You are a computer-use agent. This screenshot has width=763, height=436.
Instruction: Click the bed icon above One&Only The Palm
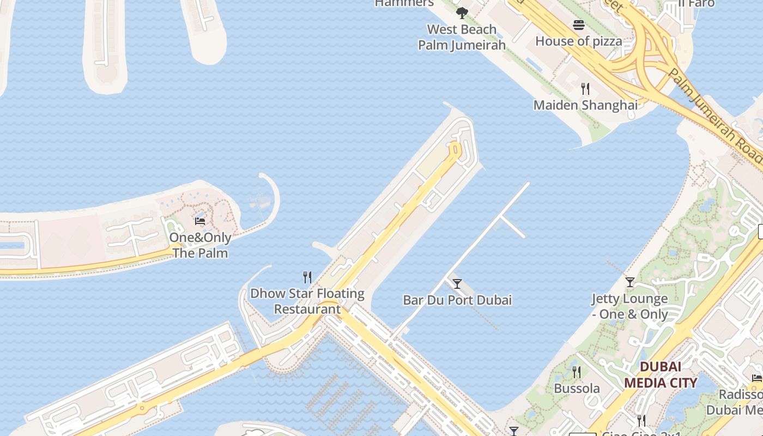[x=200, y=221]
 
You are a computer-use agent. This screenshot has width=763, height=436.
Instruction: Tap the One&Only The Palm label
[x=200, y=245]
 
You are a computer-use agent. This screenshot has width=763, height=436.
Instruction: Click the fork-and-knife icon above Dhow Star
[x=307, y=277]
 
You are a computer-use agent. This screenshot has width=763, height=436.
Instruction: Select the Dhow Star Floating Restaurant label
[x=307, y=301]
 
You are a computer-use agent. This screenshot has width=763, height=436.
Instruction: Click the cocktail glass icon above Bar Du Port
[x=457, y=284]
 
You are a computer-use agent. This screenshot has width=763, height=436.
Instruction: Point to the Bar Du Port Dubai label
[x=457, y=300]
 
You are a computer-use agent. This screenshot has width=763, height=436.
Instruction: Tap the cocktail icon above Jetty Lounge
[x=630, y=282]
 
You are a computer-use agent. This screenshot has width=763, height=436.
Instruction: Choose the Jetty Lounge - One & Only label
[x=630, y=306]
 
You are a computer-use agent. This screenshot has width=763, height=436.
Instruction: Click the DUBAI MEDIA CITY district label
[x=660, y=374]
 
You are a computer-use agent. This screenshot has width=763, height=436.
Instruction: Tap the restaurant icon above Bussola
[x=577, y=372]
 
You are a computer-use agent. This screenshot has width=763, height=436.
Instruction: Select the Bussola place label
[x=577, y=389]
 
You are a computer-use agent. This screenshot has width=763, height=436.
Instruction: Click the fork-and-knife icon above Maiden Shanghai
[x=585, y=89]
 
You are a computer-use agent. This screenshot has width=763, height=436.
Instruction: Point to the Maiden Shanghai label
[x=585, y=105]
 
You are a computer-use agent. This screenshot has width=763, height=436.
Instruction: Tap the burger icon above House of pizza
[x=578, y=25]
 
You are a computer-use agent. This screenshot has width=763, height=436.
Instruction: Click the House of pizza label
[x=578, y=41]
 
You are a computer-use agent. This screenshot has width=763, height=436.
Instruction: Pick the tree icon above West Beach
[x=462, y=13]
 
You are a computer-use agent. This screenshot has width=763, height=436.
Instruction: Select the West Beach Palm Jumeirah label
[x=462, y=37]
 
